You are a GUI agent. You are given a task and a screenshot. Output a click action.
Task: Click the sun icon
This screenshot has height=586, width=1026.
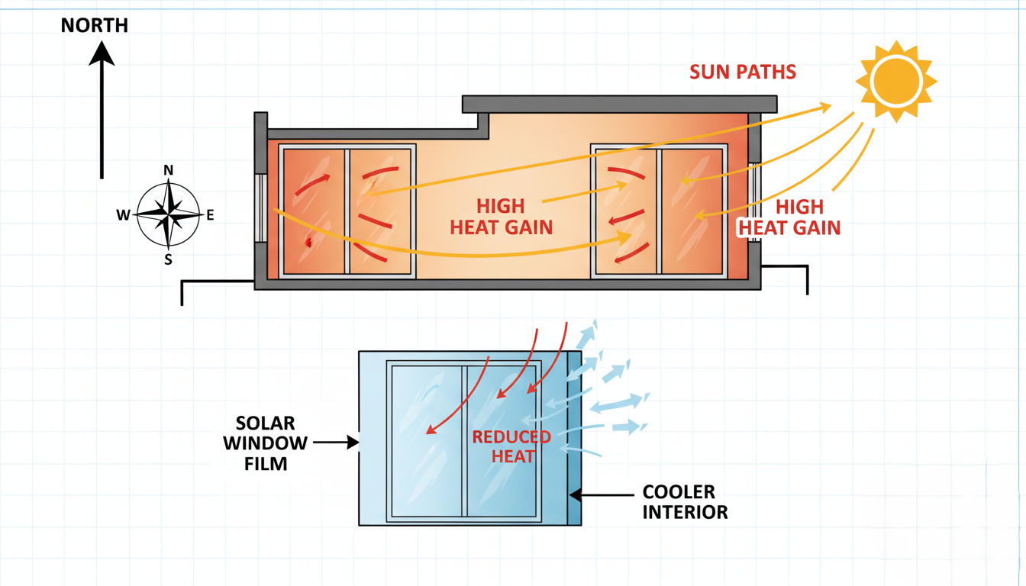coord(895,81)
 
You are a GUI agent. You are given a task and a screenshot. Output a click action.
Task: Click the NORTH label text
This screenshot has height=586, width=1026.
coord(95,26)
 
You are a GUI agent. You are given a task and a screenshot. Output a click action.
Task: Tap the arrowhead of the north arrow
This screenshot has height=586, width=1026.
coord(102,53)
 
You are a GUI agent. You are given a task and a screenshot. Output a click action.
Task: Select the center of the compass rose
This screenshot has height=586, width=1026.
coord(168,214)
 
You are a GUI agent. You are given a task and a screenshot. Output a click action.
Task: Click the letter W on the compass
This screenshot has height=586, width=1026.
coord(123,215)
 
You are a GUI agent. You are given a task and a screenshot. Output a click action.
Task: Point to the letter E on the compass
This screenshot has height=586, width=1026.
coord(210,215)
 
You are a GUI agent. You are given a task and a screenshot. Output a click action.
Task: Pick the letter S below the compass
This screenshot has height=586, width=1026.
coord(168,259)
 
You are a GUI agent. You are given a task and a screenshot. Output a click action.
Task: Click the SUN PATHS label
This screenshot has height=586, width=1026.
coord(742,72)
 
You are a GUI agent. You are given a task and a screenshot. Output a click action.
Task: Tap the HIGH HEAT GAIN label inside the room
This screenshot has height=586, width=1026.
coord(501,217)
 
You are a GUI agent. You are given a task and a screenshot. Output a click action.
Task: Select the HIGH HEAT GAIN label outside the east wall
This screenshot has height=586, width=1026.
coord(789,217)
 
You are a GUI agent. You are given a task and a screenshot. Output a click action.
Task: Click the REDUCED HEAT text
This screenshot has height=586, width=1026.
coord(511,446)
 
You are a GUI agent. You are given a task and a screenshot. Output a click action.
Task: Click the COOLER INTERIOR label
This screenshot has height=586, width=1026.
coord(685,501)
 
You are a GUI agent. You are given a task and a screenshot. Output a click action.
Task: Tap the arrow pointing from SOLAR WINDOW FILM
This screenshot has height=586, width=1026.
coord(336,441)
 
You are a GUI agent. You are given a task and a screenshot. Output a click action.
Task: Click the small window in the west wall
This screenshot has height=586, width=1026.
coord(261,208)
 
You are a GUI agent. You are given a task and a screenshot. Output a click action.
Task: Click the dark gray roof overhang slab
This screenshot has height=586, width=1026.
coord(619,104)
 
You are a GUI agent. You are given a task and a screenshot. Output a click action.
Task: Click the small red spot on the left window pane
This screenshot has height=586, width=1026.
coord(308,243)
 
